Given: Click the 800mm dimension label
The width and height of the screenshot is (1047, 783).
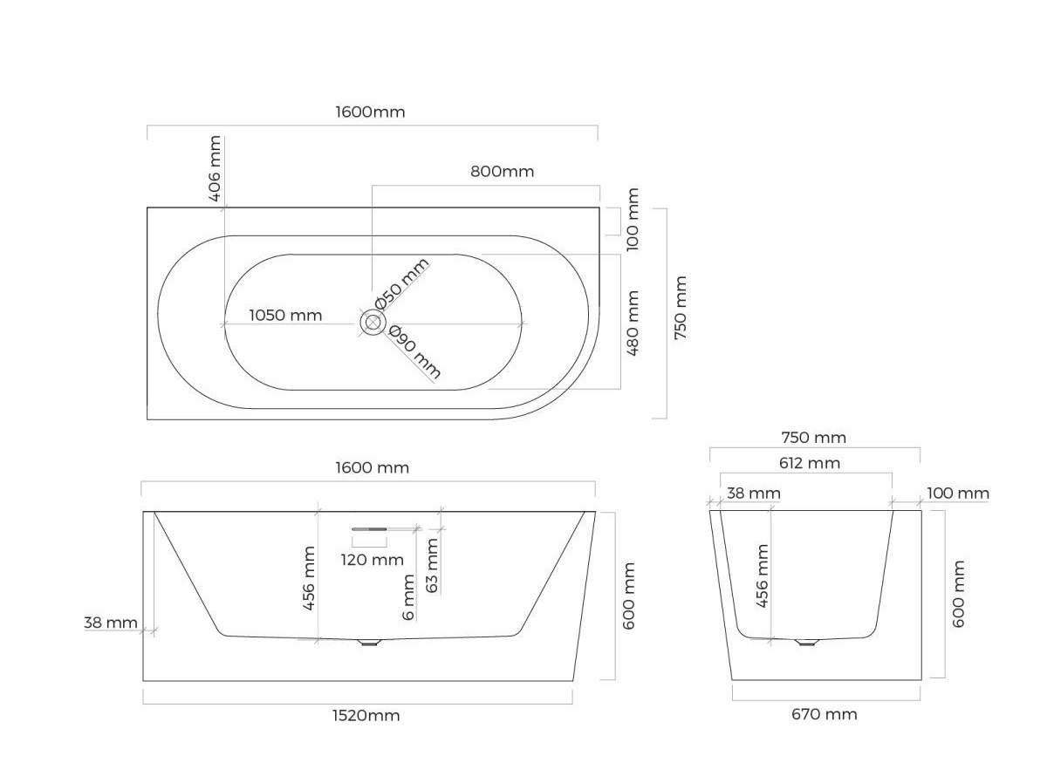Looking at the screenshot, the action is tap(502, 172).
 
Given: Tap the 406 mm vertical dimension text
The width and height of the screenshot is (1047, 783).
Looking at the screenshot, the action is tap(216, 168).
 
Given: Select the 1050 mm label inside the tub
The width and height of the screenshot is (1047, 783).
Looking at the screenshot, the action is tap(285, 315).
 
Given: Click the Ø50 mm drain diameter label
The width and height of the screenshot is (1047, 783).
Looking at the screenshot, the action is tap(401, 283).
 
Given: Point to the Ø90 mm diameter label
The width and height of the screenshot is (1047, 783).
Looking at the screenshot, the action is tap(414, 351).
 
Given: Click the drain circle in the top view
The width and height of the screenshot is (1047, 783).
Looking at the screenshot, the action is tap(372, 323).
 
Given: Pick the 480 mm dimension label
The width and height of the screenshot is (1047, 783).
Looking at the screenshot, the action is tap(633, 323).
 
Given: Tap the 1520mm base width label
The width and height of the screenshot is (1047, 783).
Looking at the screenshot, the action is tap(366, 715).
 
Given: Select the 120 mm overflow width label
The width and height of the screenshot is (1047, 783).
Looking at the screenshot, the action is tap(372, 560).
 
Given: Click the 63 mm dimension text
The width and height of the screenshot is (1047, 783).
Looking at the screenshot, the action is tap(432, 565).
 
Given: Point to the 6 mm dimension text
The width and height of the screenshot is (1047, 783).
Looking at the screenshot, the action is tap(408, 597).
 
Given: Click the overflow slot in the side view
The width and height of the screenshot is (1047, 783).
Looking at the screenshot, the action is tap(369, 529).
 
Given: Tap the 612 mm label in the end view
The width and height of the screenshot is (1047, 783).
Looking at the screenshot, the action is tap(810, 463).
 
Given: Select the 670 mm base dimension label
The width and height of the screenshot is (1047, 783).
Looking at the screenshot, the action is tap(825, 714).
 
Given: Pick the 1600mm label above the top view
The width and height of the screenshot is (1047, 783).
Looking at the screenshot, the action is tap(370, 112).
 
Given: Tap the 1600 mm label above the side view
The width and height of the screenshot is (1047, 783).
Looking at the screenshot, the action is tap(372, 467).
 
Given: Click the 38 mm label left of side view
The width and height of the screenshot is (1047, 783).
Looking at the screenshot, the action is tap(111, 623).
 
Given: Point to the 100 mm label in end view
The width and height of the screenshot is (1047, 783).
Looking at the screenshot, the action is tap(958, 494).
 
